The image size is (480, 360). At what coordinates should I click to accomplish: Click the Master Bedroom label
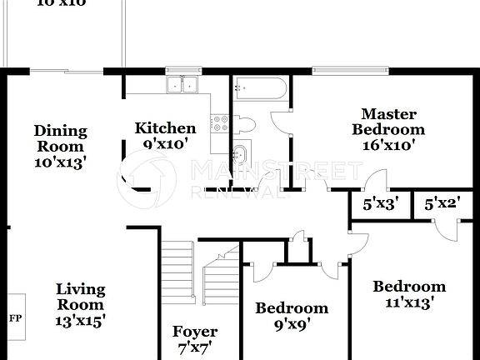pos(387,122)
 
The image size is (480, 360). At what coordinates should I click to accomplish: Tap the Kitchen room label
pos(166,128)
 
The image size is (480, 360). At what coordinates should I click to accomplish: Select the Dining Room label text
pos(60,138)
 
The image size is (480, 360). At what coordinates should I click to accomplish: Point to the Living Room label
pos(81,297)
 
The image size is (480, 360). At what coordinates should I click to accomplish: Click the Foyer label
pos(195,332)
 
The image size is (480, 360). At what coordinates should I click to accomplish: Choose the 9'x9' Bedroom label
pos(291,308)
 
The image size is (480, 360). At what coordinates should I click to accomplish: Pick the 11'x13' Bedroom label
pos(408,287)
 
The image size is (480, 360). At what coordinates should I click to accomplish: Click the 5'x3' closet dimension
pos(380,203)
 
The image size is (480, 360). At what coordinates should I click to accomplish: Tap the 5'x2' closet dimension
pos(442,203)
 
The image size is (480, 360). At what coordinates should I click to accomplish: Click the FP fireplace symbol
pos(15,317)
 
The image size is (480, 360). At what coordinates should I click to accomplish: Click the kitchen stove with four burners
pos(221,124)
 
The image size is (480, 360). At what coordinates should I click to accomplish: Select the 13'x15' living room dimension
pos(81,319)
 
